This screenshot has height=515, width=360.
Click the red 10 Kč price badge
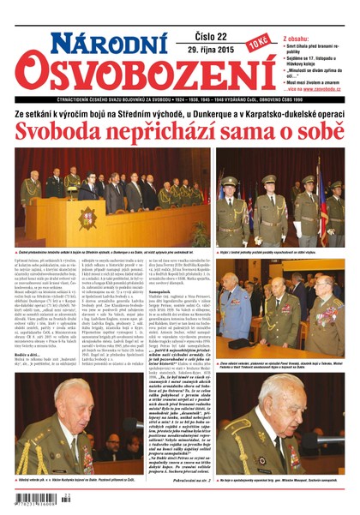[257, 41]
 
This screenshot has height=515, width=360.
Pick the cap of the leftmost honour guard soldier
[229, 182]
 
